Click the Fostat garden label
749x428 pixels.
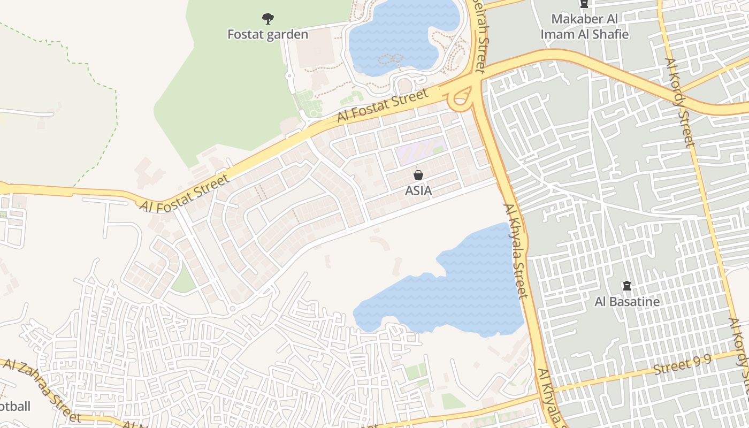(267, 35)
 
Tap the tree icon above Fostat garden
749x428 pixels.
(267, 19)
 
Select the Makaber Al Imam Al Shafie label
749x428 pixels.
(584, 26)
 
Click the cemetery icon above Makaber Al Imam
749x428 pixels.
(584, 4)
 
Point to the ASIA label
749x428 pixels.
(418, 190)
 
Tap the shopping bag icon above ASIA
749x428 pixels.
(418, 175)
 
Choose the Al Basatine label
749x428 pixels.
(627, 302)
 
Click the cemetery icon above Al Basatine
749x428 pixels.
(627, 286)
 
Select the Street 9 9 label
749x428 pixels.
(682, 366)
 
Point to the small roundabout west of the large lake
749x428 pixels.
(232, 309)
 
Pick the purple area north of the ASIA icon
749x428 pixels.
(420, 151)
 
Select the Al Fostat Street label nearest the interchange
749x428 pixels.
(383, 105)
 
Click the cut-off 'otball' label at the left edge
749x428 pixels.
(15, 407)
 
